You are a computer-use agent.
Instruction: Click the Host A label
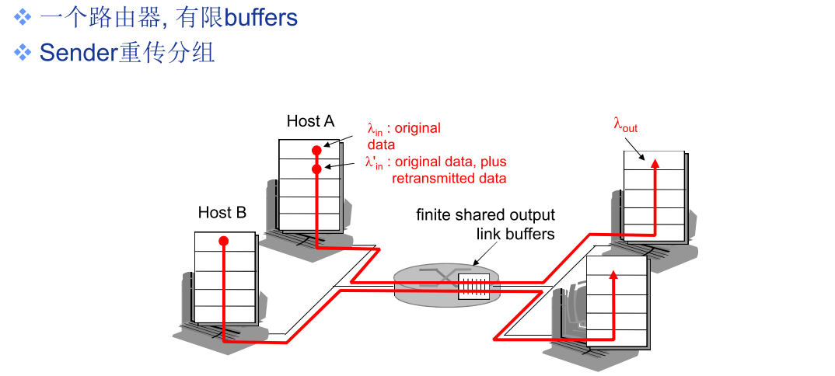coord(310,121)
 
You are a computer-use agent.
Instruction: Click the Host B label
coord(222,213)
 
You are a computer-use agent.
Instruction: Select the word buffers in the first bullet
coord(261,18)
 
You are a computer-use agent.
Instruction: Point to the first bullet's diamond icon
coord(23,18)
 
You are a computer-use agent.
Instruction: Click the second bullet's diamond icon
coord(23,52)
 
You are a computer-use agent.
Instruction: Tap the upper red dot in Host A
coord(317,151)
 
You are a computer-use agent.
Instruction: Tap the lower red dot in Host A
coord(317,169)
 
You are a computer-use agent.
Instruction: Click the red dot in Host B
coord(224,241)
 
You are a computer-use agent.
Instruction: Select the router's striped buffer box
coord(473,285)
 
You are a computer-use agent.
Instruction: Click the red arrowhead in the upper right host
coord(655,163)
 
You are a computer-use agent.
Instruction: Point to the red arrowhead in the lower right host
coord(613,274)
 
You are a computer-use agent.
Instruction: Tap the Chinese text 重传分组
coord(166,53)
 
